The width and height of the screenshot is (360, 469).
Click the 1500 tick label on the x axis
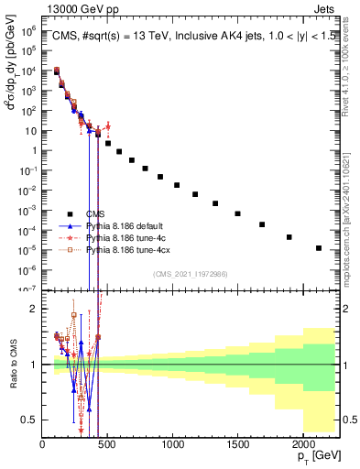coord(237,444)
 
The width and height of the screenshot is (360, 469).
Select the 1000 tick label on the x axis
coord(172,444)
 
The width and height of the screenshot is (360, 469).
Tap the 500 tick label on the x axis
coord(107,444)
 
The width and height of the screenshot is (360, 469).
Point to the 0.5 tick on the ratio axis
coord(31,420)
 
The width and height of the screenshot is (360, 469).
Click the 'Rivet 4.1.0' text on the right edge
coord(351,55)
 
